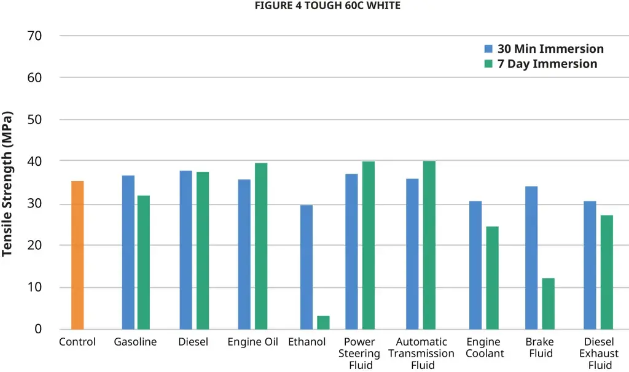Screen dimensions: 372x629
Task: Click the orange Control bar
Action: tap(77, 255)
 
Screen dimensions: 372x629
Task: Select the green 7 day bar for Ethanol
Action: tap(323, 322)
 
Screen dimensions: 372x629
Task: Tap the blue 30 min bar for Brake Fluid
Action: tap(531, 257)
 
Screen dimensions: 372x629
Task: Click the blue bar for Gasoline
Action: tap(128, 252)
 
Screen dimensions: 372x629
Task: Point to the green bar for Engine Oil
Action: tap(261, 246)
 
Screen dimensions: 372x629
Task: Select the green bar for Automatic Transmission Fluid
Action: tap(429, 244)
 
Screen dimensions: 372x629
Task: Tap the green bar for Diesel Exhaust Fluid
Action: tap(606, 271)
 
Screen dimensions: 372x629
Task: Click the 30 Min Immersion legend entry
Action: tap(544, 49)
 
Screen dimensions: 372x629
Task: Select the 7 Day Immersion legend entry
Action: tap(541, 64)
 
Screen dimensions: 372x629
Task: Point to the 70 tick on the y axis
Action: tap(34, 36)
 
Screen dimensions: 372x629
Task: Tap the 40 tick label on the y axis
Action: tap(34, 161)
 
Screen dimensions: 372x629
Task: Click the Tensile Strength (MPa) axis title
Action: tap(8, 183)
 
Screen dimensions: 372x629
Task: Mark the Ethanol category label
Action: tap(307, 342)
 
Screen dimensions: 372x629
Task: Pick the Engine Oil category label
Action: tap(252, 342)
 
